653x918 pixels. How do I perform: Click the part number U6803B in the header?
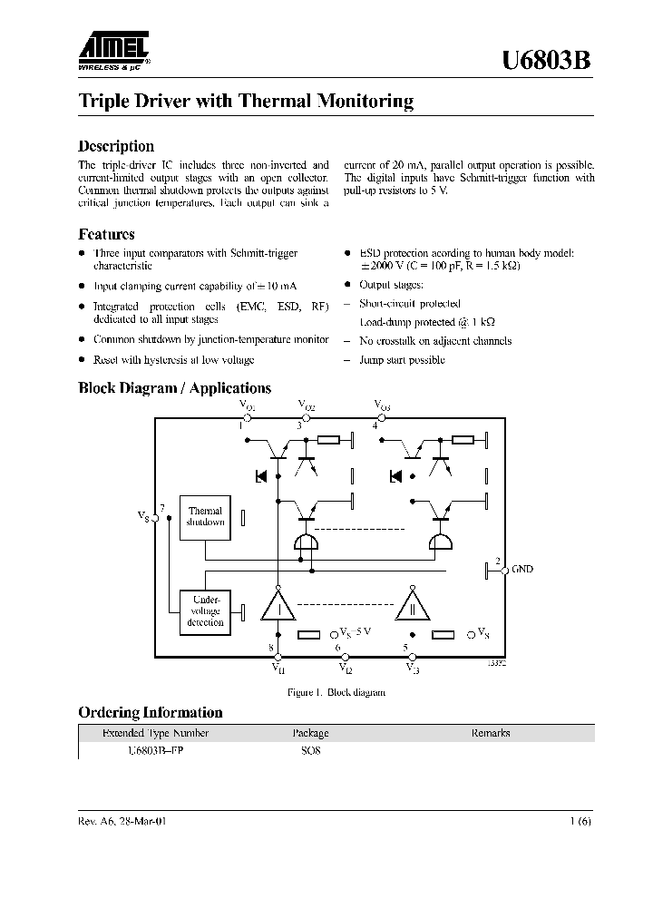[x=548, y=61]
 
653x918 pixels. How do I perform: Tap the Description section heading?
[x=116, y=146]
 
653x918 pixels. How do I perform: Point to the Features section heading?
[x=106, y=234]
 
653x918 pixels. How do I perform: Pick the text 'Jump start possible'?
[x=403, y=360]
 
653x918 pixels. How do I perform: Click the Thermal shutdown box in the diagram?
[x=205, y=517]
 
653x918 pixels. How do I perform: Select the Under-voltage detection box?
[x=205, y=610]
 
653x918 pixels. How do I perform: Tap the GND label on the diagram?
[x=522, y=569]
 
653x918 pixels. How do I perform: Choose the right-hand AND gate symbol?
[x=441, y=542]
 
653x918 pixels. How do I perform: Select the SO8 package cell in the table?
[x=311, y=751]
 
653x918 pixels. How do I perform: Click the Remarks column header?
[x=490, y=733]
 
